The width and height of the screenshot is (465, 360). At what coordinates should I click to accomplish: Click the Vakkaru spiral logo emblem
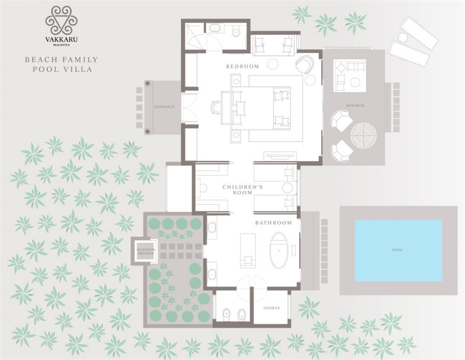[x=61, y=21]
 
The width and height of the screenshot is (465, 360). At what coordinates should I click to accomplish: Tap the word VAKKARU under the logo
[x=61, y=39]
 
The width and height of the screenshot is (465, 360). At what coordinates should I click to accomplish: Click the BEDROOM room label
[x=243, y=66]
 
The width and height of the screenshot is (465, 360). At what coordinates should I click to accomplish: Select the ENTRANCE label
[x=165, y=107]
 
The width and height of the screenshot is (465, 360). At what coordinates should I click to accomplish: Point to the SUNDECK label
[x=355, y=105]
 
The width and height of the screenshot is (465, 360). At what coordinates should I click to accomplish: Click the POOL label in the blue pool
[x=398, y=250]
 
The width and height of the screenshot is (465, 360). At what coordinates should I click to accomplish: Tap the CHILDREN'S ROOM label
[x=243, y=190]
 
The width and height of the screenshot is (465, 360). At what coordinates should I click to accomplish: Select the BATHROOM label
[x=273, y=223]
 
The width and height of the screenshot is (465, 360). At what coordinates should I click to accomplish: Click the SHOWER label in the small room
[x=272, y=308]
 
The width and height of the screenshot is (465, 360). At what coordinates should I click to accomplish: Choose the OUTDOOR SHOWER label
[x=146, y=252]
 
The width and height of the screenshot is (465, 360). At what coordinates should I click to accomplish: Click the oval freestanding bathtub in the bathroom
[x=279, y=251]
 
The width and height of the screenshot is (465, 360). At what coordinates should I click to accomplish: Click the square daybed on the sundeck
[x=350, y=76]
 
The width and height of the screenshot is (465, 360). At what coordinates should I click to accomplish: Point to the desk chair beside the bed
[x=216, y=107]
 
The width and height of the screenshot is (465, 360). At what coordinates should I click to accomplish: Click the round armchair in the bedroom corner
[x=305, y=65]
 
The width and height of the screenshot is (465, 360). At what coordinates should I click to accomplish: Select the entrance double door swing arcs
[x=190, y=107]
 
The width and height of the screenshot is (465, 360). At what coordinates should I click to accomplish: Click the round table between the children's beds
[x=287, y=188]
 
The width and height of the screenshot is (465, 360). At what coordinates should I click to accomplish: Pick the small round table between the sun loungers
[x=403, y=38]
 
